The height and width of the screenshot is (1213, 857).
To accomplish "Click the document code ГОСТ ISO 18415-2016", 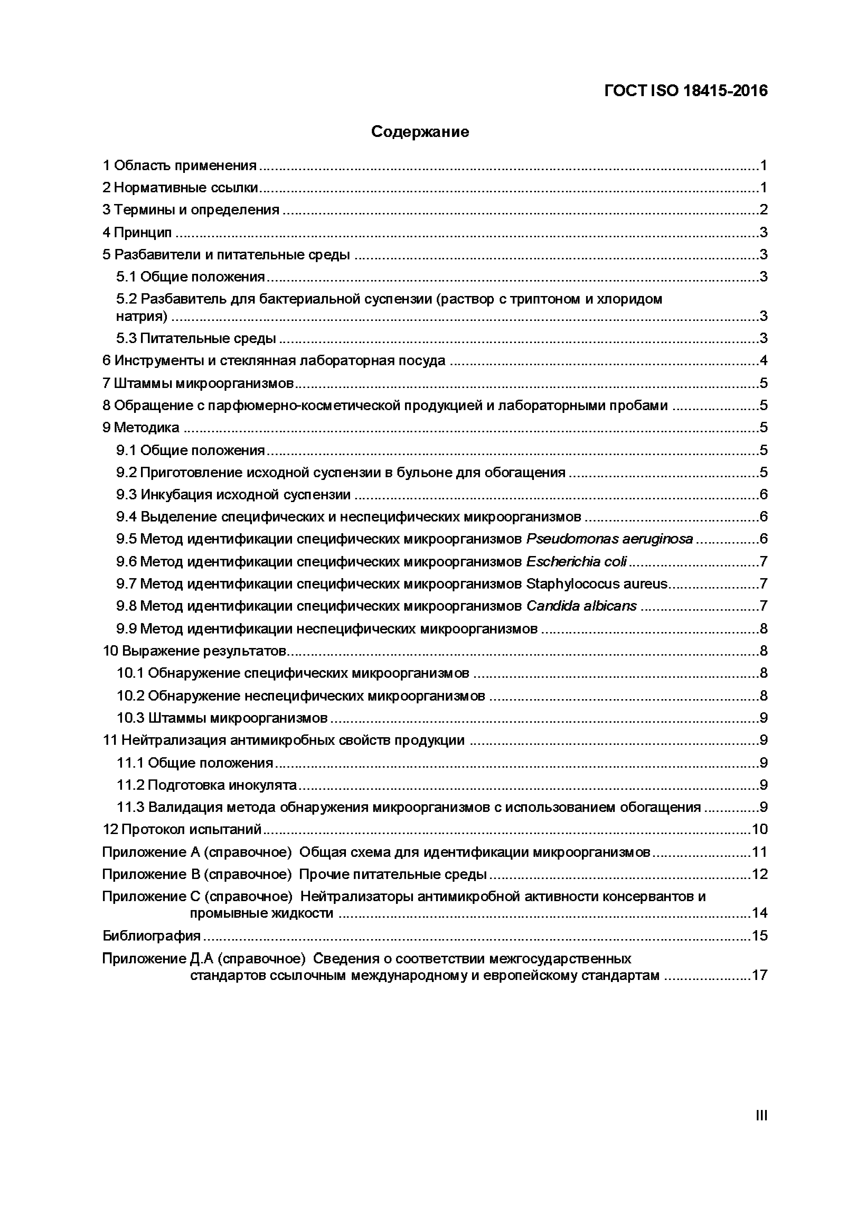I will [x=685, y=91].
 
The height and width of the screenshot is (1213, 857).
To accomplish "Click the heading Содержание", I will [x=420, y=131].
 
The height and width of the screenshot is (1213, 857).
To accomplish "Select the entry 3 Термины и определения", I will [x=191, y=210].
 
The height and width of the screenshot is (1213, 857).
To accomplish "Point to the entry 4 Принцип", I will [x=137, y=232].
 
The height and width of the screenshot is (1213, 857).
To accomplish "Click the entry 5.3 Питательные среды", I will [x=196, y=339].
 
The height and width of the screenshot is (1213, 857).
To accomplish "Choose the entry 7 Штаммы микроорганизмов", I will [x=198, y=383].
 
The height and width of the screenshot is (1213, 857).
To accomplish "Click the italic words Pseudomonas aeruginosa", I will [x=609, y=539].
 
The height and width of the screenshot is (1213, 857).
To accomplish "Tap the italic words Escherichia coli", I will [x=576, y=562].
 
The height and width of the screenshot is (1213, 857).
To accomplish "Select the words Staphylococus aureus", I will [x=597, y=584].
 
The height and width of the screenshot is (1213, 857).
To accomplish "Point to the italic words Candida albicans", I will [x=581, y=606].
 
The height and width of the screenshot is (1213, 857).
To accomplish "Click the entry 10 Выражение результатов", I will [x=194, y=651].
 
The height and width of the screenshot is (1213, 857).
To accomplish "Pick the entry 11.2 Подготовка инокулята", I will [x=206, y=785].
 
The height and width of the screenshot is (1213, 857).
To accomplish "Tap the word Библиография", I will [x=152, y=936].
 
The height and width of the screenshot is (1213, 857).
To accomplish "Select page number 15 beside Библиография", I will [x=759, y=936].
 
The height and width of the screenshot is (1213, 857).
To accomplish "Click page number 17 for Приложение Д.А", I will [x=759, y=975].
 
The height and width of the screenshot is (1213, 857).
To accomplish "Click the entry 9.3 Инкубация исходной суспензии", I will [x=233, y=494].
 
